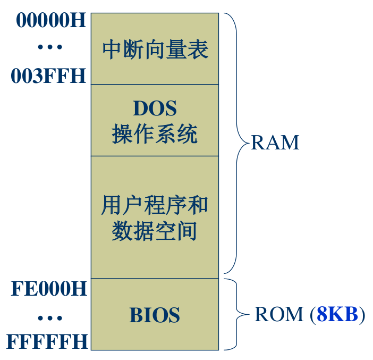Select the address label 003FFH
48,77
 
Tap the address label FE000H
49,290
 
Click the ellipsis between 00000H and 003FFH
50,48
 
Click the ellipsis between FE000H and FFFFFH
50,318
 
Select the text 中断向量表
155,50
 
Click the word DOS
155,108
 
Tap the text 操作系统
155,134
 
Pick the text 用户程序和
155,205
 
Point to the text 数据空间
155,231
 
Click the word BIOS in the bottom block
155,315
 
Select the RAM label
275,143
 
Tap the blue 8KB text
337,315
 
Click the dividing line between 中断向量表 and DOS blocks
155,84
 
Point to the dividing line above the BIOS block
155,279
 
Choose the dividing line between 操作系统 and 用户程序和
155,156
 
